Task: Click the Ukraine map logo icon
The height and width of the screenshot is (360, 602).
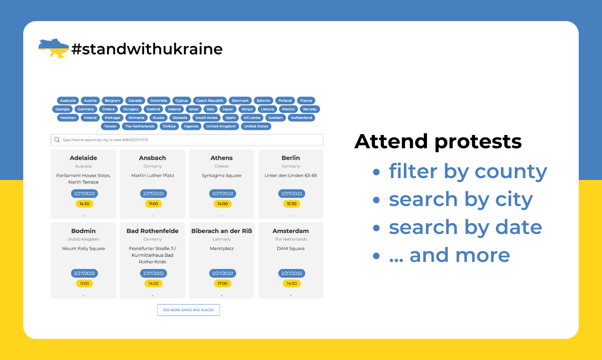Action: (x=53, y=48)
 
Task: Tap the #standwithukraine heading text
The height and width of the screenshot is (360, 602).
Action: (x=147, y=49)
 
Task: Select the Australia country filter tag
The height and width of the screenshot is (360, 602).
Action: (x=68, y=100)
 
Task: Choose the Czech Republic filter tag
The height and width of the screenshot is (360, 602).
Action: (x=210, y=100)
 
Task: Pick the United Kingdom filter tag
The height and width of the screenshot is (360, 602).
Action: (x=221, y=126)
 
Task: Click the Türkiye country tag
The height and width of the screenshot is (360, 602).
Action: (x=169, y=126)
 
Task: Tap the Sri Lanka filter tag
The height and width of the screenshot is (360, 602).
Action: (x=252, y=118)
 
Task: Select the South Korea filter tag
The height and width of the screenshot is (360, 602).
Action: (x=206, y=118)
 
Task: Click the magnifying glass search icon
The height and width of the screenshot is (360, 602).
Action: (x=57, y=140)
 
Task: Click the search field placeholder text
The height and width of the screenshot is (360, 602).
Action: (x=109, y=140)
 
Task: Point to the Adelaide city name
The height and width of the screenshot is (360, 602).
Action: (x=83, y=158)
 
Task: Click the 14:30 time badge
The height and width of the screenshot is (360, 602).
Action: (x=84, y=204)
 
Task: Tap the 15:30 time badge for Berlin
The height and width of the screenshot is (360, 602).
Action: (x=292, y=204)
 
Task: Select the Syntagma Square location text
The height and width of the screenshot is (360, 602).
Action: (x=221, y=176)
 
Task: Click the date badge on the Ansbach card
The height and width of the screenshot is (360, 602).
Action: (x=153, y=194)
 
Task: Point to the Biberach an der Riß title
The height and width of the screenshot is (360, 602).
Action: (x=221, y=231)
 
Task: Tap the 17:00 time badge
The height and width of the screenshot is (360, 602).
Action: (x=222, y=283)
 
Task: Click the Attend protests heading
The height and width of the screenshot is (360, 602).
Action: (x=438, y=141)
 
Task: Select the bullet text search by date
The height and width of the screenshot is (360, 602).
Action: (x=465, y=227)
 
